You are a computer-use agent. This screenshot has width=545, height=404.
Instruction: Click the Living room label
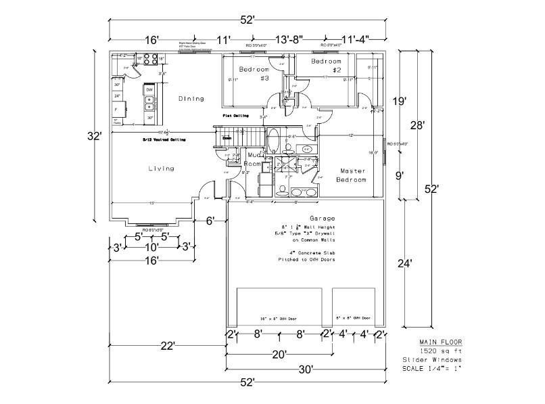pos(161,169)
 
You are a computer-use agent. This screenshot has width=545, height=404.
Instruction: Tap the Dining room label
pos(191,99)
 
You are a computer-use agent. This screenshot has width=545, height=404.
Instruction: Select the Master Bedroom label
pos(352,175)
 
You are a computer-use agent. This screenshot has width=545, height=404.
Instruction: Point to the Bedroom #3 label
pos(255,74)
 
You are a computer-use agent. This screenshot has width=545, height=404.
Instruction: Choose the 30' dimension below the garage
pos(305,369)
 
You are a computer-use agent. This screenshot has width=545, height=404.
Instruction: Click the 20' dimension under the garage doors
pos(279,353)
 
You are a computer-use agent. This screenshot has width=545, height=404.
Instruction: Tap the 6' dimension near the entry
pos(210,220)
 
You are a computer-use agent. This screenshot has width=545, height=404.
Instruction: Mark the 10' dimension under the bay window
pos(152,248)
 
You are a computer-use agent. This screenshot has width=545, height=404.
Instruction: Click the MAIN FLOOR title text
pos(441,342)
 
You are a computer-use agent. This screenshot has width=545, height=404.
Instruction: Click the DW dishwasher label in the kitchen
pos(149,89)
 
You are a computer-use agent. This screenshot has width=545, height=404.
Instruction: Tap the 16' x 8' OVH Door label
pos(279,318)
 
